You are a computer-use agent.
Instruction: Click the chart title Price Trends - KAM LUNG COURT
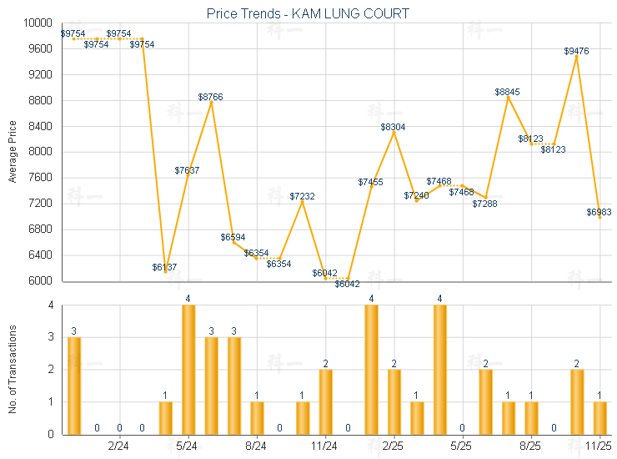click(x=308, y=14)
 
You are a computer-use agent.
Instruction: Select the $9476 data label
click(x=576, y=51)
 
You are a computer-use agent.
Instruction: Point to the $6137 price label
click(x=164, y=267)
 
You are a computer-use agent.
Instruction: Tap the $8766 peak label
click(x=210, y=97)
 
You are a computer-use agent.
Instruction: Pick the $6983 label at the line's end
click(x=599, y=212)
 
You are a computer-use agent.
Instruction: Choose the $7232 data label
click(x=303, y=196)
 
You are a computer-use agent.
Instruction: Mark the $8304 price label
click(x=394, y=127)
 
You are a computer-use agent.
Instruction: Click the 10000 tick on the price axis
click(x=40, y=23)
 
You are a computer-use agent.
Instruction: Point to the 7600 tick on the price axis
click(x=43, y=178)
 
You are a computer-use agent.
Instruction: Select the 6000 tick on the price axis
click(x=43, y=280)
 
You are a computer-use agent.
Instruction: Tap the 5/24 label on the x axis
click(x=188, y=446)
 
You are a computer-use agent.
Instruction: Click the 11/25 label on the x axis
click(x=599, y=446)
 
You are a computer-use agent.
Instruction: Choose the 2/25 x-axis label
click(x=394, y=446)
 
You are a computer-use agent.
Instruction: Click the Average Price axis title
click(x=13, y=152)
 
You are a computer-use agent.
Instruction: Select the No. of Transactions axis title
click(x=13, y=370)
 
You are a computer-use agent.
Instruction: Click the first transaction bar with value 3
click(x=74, y=385)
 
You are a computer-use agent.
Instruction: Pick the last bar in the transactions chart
click(x=599, y=417)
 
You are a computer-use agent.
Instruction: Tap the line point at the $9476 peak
click(x=576, y=57)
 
